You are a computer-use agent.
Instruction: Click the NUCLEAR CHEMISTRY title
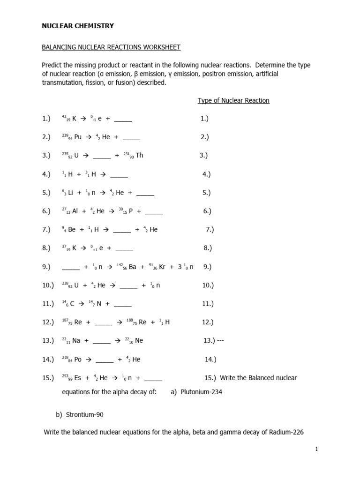point(78,26)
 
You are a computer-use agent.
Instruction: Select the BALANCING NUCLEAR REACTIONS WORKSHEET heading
point(111,47)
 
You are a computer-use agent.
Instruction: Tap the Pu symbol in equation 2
point(79,137)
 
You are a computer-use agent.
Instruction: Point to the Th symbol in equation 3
point(139,156)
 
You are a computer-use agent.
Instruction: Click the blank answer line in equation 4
point(119,175)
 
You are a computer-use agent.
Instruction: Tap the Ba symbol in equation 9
point(132,267)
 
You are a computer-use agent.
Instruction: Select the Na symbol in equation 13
point(75,341)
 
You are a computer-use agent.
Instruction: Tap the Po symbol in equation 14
point(78,360)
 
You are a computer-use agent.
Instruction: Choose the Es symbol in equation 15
point(78,378)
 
